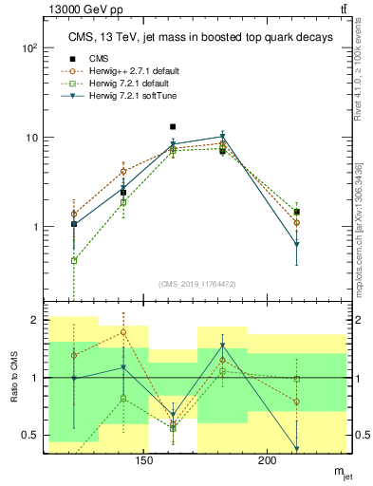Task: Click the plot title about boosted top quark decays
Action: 198,37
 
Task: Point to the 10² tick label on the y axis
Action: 29,47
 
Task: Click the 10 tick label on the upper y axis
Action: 32,138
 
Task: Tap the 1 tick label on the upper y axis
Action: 36,227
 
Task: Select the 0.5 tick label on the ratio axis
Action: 30,435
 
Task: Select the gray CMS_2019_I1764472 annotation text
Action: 197,285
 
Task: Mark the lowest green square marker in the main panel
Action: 74,260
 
